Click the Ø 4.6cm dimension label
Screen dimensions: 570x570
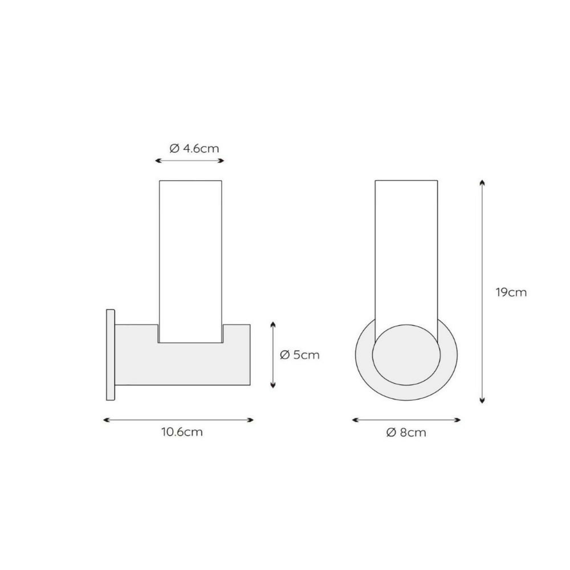(194, 149)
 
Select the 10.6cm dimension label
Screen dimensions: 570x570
(182, 432)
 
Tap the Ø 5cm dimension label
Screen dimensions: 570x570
(300, 355)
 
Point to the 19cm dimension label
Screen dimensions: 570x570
(511, 292)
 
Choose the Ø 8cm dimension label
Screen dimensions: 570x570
(406, 433)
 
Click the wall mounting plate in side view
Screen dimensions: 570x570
(111, 355)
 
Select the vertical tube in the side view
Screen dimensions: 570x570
(190, 262)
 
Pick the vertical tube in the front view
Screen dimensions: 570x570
(406, 254)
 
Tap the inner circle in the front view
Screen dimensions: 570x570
(406, 355)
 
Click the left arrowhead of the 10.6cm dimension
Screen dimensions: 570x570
(106, 420)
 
